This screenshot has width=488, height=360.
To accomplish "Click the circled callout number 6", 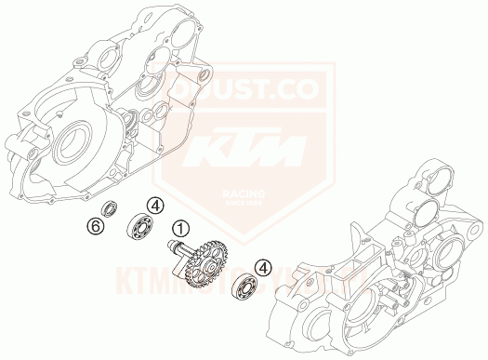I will click(x=95, y=225).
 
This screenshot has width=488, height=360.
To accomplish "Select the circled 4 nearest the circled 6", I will click(x=157, y=205).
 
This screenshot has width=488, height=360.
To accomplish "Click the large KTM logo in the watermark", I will click(x=243, y=148).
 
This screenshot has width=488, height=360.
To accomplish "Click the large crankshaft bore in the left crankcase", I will click(x=75, y=142).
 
